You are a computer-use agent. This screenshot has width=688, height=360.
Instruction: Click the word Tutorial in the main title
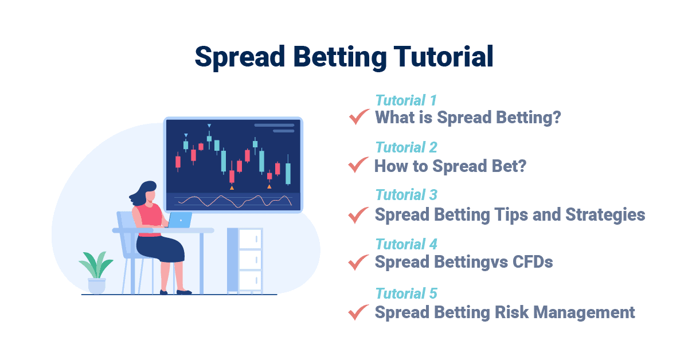tap(443, 57)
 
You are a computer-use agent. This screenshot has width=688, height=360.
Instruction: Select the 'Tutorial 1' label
tap(406, 100)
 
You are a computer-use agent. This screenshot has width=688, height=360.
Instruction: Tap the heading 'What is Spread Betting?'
tap(468, 118)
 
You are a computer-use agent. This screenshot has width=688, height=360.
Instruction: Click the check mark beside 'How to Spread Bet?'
tap(358, 165)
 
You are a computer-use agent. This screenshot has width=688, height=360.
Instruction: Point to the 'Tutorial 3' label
tap(406, 195)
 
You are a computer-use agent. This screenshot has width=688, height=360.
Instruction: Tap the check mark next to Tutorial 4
tap(358, 263)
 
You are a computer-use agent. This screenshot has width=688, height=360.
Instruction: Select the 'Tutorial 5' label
tap(406, 294)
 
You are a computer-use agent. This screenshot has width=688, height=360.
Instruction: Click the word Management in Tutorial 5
tap(584, 312)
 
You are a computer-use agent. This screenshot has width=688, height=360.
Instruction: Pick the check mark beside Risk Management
tap(358, 312)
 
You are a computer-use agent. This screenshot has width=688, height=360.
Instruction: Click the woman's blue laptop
tap(179, 220)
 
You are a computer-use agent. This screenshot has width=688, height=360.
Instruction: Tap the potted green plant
tap(96, 273)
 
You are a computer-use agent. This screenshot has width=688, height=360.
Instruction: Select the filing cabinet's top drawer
tap(250, 238)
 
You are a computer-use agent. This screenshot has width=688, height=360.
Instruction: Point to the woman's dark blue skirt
tap(160, 248)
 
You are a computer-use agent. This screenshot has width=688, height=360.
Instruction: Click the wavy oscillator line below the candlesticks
tap(234, 201)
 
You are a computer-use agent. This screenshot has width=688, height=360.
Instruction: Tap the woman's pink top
tap(150, 219)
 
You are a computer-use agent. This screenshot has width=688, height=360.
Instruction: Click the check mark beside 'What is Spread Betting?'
tap(359, 117)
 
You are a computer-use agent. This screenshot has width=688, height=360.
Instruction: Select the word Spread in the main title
tap(240, 57)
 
